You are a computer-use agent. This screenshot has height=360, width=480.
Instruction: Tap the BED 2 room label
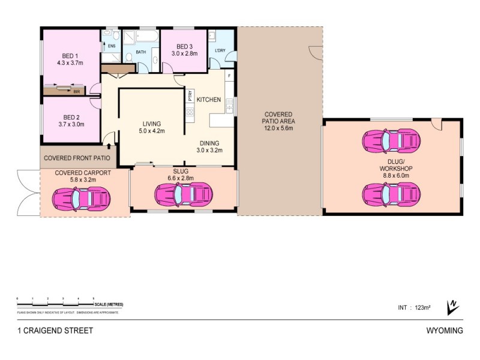click(x=71, y=121)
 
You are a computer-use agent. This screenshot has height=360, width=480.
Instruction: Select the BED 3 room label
click(x=184, y=50)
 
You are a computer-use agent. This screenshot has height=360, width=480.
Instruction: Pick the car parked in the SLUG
click(x=184, y=194)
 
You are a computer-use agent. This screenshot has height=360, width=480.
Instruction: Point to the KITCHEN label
click(x=209, y=100)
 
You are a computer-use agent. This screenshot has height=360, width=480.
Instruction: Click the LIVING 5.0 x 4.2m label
click(x=151, y=127)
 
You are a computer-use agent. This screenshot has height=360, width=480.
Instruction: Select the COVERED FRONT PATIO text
click(x=77, y=159)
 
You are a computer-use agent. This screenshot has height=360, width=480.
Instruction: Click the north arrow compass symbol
click(x=452, y=307)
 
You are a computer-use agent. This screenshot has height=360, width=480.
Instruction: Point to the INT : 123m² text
click(x=415, y=308)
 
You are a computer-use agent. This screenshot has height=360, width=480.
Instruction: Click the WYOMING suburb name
click(x=444, y=331)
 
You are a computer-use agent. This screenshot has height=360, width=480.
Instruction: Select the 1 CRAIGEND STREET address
click(x=55, y=331)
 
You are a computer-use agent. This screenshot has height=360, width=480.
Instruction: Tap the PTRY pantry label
click(x=190, y=95)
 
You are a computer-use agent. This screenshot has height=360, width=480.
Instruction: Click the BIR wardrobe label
click(x=76, y=92)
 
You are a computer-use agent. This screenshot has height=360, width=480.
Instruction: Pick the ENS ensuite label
click(x=112, y=46)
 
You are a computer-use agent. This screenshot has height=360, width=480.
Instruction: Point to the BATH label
click(x=141, y=52)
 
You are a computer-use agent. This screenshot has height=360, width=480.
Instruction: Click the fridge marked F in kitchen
click(x=229, y=76)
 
